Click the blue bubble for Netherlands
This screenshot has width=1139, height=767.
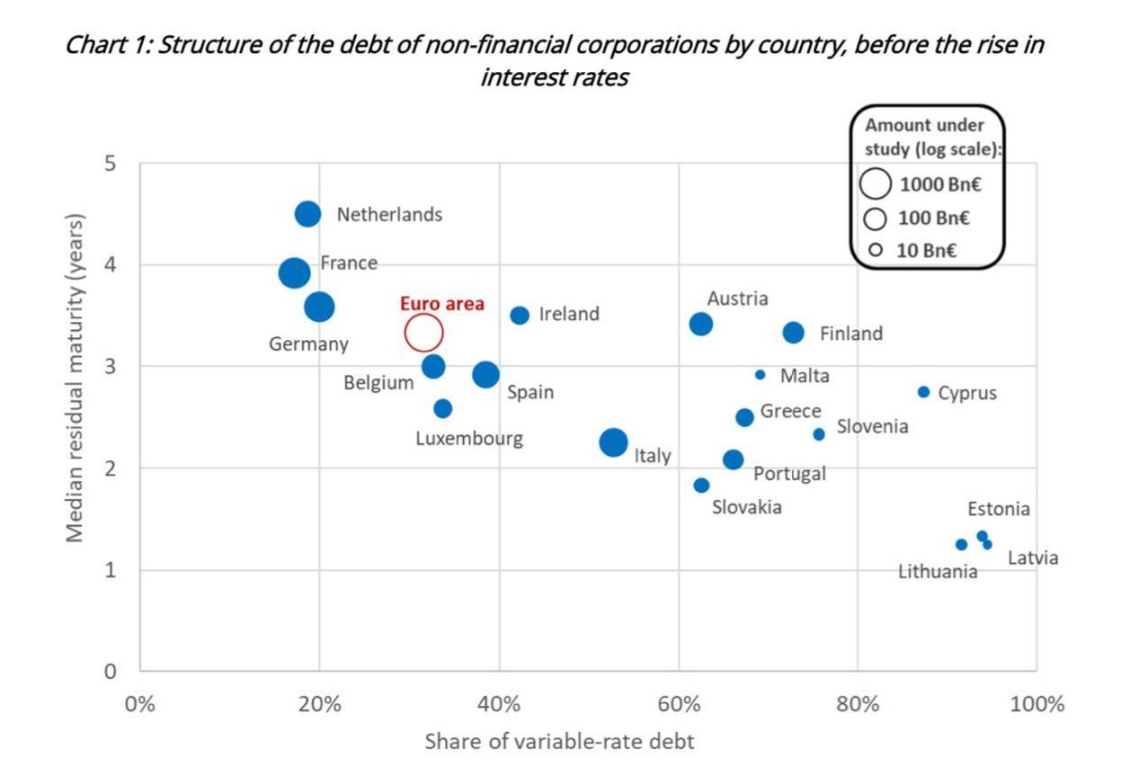(307, 214)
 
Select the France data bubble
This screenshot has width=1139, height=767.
(294, 272)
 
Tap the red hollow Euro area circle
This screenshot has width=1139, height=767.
(423, 333)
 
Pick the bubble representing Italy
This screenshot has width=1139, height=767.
(613, 442)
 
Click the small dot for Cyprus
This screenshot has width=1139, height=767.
(923, 392)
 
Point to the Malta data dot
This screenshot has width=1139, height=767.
(760, 375)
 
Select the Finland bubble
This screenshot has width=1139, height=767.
(793, 333)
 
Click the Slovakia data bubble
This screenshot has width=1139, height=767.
(701, 486)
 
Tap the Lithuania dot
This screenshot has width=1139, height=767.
(961, 545)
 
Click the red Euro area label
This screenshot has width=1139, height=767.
(441, 304)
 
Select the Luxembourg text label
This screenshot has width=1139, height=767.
(468, 439)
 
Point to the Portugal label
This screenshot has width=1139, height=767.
(788, 474)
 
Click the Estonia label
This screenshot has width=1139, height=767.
(998, 509)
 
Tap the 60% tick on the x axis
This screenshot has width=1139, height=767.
(678, 703)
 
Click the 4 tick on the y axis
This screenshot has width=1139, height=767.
(110, 265)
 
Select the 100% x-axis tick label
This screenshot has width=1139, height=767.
(1036, 703)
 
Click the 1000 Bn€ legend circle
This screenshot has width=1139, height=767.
(875, 184)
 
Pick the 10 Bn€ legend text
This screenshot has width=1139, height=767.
(926, 250)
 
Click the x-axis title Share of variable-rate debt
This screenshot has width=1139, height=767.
(559, 742)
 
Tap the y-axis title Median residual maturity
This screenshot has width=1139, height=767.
(76, 378)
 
